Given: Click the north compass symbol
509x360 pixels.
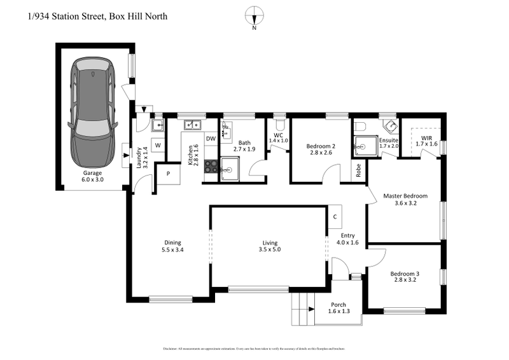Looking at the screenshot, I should [x=254, y=15].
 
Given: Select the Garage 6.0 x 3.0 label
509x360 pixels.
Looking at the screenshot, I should [x=93, y=176].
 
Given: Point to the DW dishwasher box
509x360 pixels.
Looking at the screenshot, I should [x=211, y=138].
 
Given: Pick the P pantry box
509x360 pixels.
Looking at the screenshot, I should [x=169, y=173].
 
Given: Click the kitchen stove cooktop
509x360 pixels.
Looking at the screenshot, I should [x=211, y=166].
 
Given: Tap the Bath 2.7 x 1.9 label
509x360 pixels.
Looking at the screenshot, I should [x=244, y=146].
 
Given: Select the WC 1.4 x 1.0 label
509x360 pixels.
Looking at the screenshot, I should [x=279, y=137].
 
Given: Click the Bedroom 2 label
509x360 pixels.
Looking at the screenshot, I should [x=316, y=149].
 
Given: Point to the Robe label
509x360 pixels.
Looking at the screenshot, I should [x=359, y=170].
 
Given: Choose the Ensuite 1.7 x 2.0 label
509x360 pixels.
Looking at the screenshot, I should [x=389, y=143].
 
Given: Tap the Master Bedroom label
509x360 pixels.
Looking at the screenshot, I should [x=405, y=200].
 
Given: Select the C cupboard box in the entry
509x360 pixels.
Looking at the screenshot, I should [x=335, y=216].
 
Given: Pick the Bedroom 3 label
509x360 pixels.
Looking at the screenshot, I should [x=405, y=277].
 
